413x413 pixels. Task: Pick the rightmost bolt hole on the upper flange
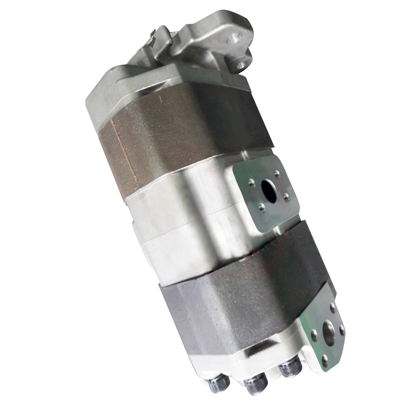[x=286, y=195]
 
